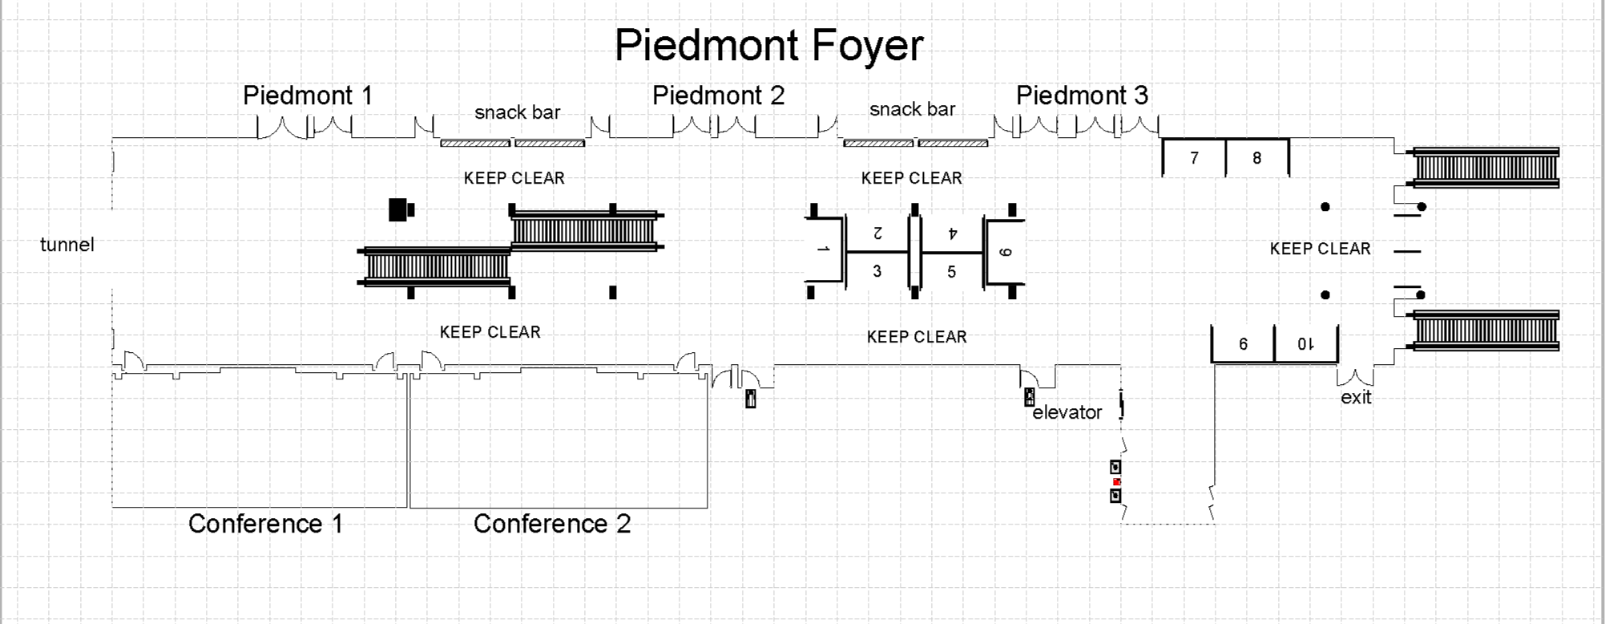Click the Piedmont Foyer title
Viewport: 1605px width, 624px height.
(x=768, y=45)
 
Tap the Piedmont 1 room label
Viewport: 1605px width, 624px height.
(x=308, y=95)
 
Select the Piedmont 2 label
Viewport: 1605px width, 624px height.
(x=718, y=95)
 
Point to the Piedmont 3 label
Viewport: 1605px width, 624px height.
(x=1082, y=95)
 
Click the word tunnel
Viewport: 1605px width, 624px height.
(x=67, y=245)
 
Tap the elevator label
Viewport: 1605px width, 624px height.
(x=1067, y=412)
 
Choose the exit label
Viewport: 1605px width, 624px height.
(x=1356, y=397)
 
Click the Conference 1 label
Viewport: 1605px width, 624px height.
(x=265, y=524)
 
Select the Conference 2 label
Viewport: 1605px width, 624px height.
(x=552, y=524)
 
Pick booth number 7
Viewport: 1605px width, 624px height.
(x=1194, y=158)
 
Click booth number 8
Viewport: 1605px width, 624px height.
(x=1256, y=158)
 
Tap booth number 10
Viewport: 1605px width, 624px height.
(x=1305, y=344)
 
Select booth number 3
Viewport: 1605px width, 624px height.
(x=877, y=271)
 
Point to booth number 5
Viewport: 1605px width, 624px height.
(x=951, y=272)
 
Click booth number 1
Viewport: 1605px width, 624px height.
(x=823, y=249)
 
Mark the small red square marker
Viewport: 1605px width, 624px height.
(x=1116, y=482)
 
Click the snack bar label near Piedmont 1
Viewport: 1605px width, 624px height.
(x=517, y=112)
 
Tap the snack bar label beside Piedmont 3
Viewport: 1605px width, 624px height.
(x=912, y=109)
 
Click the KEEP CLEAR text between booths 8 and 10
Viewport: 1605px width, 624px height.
(x=1320, y=249)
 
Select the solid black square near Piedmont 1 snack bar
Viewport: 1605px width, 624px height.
(x=401, y=210)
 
